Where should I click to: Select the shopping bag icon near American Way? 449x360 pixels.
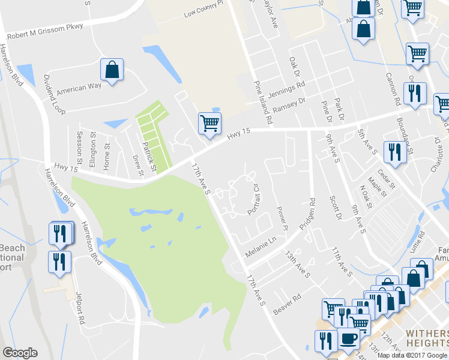[x=112, y=71]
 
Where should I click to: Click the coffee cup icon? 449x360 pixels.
[x=349, y=339]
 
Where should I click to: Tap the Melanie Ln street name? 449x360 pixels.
[x=260, y=247]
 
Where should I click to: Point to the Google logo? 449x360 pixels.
[x=20, y=353]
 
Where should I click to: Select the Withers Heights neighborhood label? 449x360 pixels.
[x=427, y=339]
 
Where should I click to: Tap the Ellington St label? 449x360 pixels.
[x=92, y=154]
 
